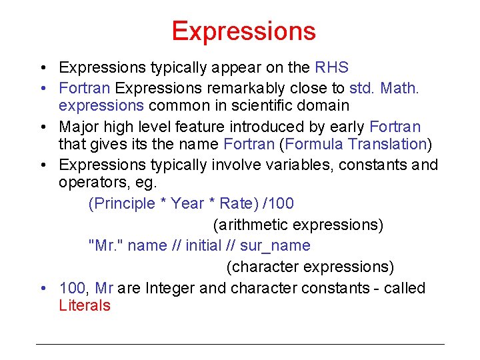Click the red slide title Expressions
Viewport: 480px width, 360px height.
tap(243, 31)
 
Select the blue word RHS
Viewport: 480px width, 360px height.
tap(331, 67)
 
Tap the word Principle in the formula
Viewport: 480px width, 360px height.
tap(121, 203)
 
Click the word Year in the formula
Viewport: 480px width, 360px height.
tap(187, 203)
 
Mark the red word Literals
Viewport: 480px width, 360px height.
tap(85, 306)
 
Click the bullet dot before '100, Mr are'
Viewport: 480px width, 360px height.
tap(43, 289)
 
